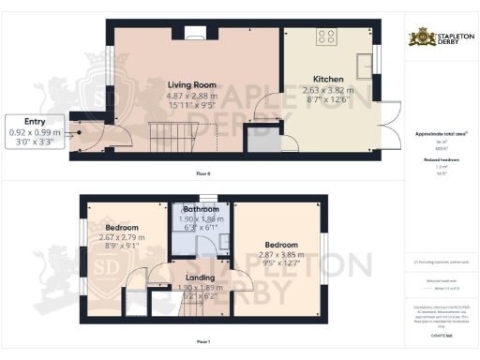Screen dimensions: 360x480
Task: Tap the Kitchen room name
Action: pyautogui.click(x=328, y=80)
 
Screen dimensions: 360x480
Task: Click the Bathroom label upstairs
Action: pyautogui.click(x=201, y=209)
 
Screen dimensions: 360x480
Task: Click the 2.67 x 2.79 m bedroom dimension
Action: pyautogui.click(x=121, y=237)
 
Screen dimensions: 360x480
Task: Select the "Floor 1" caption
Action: pyautogui.click(x=201, y=341)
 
